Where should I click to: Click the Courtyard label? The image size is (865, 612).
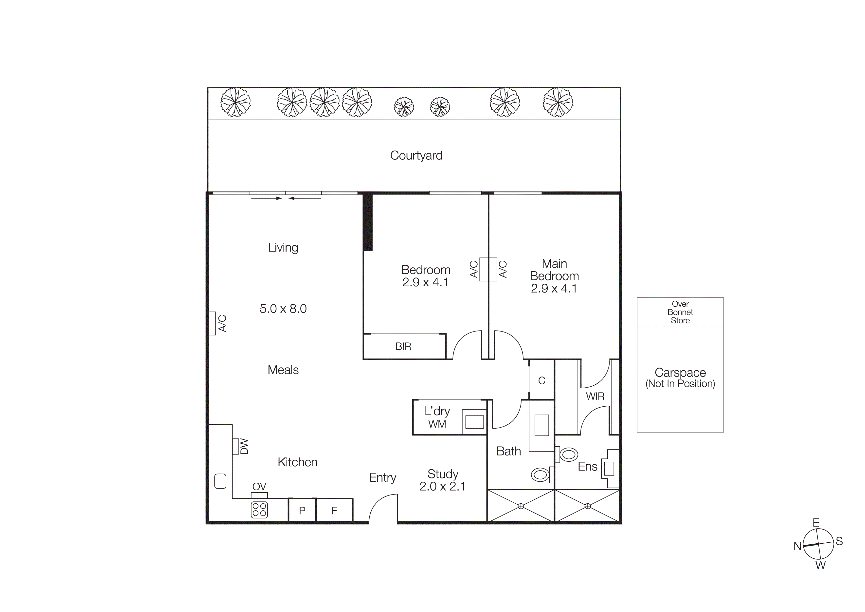[x=416, y=155]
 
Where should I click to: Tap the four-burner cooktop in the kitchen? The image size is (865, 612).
[x=259, y=510]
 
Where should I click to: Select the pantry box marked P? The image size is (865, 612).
[x=302, y=511]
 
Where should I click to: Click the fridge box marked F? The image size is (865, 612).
[x=334, y=511]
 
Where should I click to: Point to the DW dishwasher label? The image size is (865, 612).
[x=244, y=446]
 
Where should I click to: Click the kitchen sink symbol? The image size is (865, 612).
[x=220, y=481]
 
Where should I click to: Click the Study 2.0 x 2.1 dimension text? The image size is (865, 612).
[x=442, y=486]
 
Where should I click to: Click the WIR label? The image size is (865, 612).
[x=595, y=396]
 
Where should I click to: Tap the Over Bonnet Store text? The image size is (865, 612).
[x=680, y=312]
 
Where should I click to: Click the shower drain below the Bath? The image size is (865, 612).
[x=521, y=506]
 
